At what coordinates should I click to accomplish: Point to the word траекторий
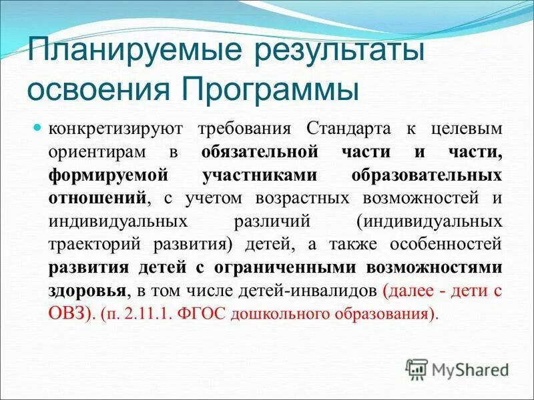coord(93,245)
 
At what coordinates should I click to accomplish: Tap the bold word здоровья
coord(86,291)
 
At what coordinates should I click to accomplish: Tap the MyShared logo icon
coord(417,369)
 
